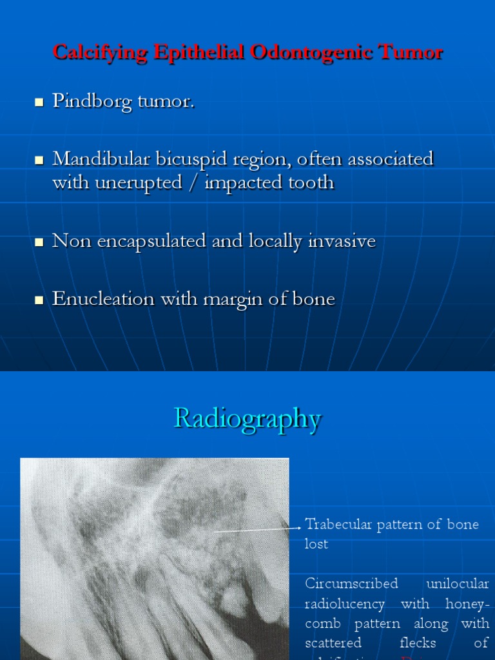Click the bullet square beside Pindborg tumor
[x=39, y=102]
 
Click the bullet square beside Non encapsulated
[x=39, y=242]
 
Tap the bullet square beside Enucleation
[x=39, y=300]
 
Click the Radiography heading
[x=247, y=419]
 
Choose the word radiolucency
[x=345, y=604]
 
